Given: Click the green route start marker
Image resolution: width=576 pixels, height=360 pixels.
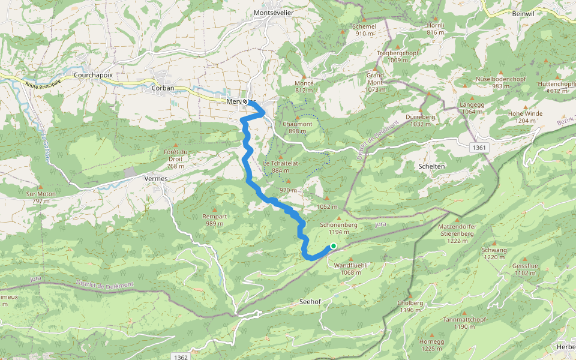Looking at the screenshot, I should [x=333, y=246].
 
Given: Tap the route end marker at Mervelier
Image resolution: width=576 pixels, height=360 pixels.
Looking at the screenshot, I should [x=245, y=101].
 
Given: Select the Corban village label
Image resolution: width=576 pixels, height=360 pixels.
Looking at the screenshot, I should [x=163, y=88].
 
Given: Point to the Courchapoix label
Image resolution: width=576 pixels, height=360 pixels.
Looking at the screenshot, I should [x=93, y=75].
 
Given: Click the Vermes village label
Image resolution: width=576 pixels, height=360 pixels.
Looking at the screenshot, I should [x=156, y=178].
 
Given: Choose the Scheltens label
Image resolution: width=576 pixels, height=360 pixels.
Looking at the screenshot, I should [x=431, y=166].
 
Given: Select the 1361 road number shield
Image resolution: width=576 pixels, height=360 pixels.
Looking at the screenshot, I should [x=480, y=148].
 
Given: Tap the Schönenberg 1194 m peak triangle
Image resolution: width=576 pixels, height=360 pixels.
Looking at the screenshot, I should [x=339, y=218].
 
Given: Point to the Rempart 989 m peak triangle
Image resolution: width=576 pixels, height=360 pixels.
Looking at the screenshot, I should [x=214, y=209].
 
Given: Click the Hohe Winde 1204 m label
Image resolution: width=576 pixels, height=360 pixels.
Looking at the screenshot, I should [x=525, y=117].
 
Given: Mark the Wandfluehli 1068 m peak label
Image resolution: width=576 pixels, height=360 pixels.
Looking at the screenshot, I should [x=350, y=268].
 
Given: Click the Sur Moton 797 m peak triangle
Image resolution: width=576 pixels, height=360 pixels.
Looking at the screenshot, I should [x=41, y=187].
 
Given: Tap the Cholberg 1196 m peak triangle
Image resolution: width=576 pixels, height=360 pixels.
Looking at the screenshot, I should [x=410, y=296].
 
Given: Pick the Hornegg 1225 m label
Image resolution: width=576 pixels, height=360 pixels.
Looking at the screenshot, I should [x=432, y=344].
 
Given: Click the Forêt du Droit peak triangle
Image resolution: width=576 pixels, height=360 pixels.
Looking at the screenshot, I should [x=175, y=145].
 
